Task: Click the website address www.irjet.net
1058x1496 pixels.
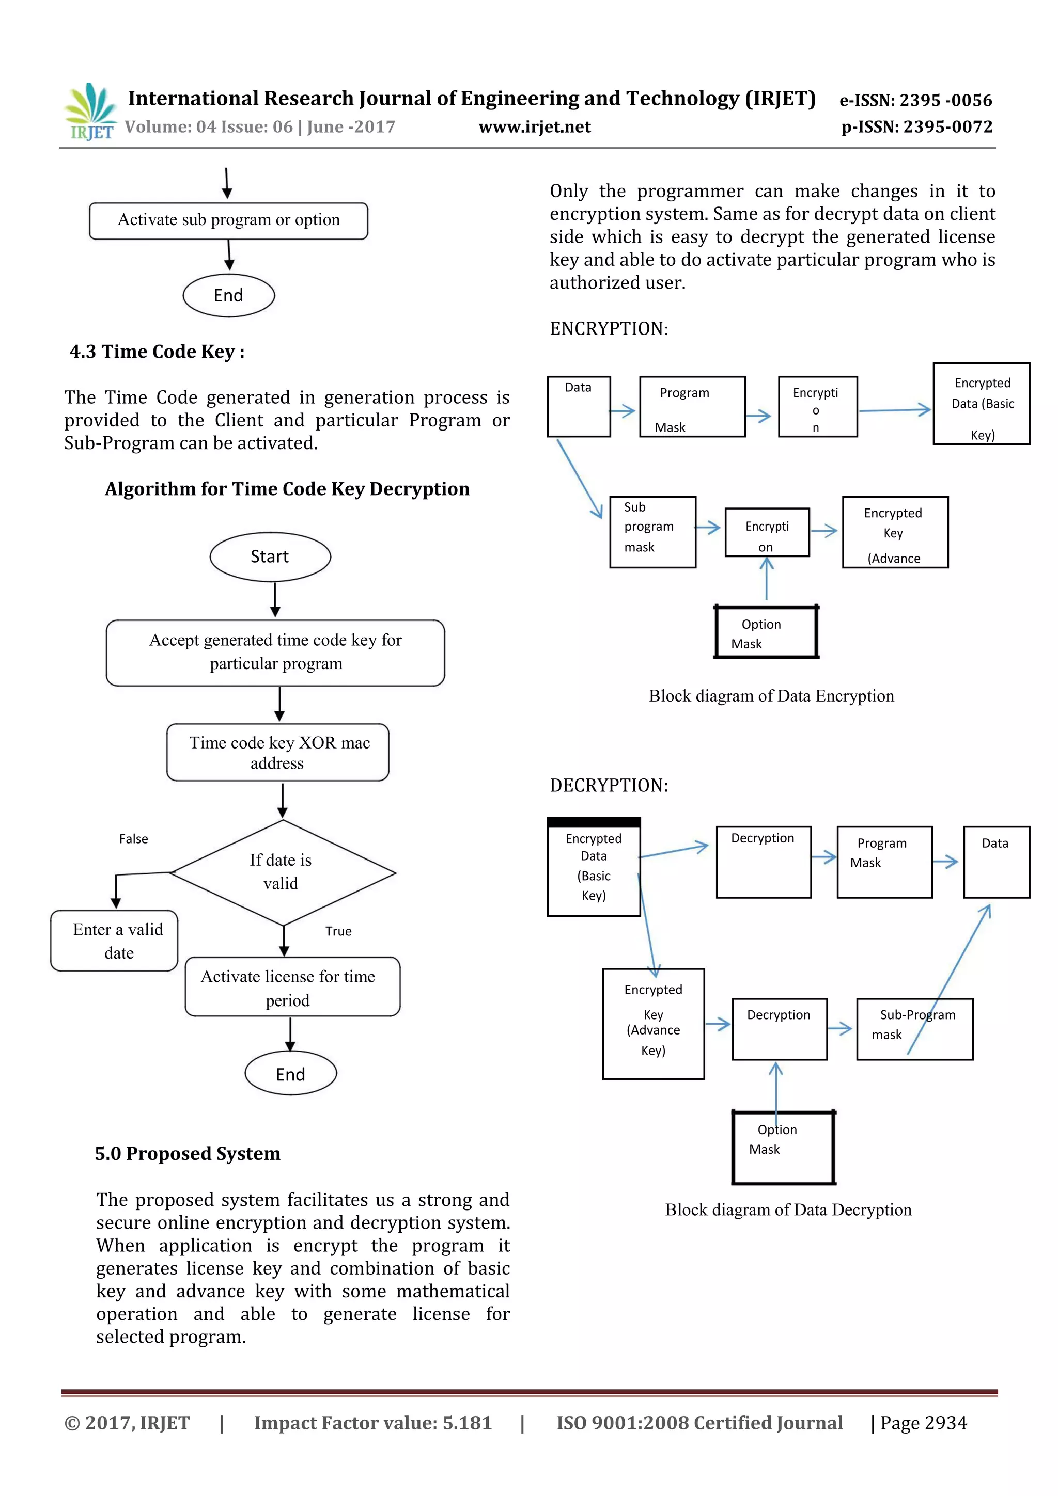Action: [535, 127]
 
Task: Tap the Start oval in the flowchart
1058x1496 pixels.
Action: [270, 557]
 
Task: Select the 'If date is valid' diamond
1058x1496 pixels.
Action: [282, 872]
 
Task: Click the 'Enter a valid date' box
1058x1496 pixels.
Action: [115, 941]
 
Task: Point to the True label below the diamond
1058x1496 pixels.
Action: [338, 931]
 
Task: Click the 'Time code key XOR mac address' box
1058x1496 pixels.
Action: [278, 753]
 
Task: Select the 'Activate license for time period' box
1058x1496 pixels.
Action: [292, 987]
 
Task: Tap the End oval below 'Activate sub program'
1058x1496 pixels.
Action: [228, 296]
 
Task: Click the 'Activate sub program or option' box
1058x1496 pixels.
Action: [228, 220]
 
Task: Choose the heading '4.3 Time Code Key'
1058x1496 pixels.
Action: [157, 352]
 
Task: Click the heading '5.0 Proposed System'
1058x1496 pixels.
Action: [188, 1154]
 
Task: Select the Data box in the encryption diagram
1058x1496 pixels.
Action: [578, 406]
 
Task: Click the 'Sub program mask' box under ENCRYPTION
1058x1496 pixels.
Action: [652, 532]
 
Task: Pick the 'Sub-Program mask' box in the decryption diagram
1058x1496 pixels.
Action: [914, 1028]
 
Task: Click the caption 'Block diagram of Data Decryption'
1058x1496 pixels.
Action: [788, 1210]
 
